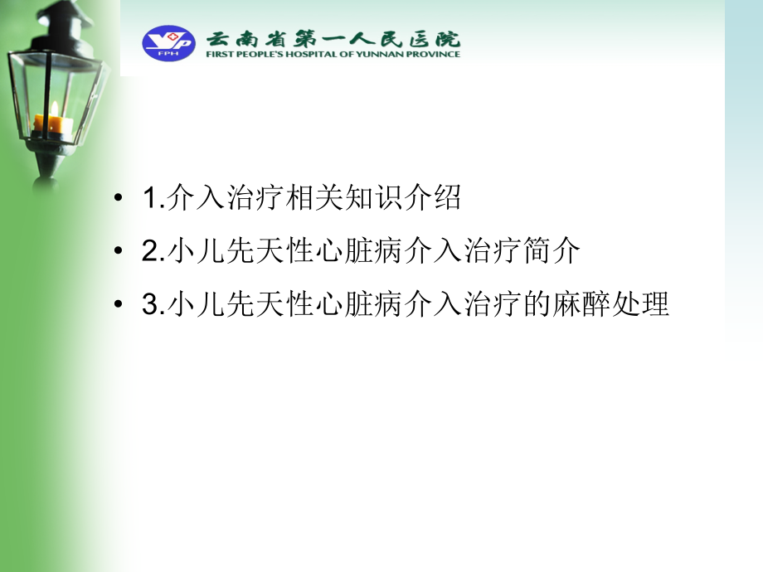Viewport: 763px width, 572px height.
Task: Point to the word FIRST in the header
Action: click(218, 55)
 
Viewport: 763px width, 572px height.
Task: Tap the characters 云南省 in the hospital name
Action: click(236, 38)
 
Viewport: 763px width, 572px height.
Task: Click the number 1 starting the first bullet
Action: click(149, 200)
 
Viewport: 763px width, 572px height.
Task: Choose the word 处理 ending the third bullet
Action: click(642, 305)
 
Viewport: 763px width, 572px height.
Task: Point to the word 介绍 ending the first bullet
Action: click(430, 199)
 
